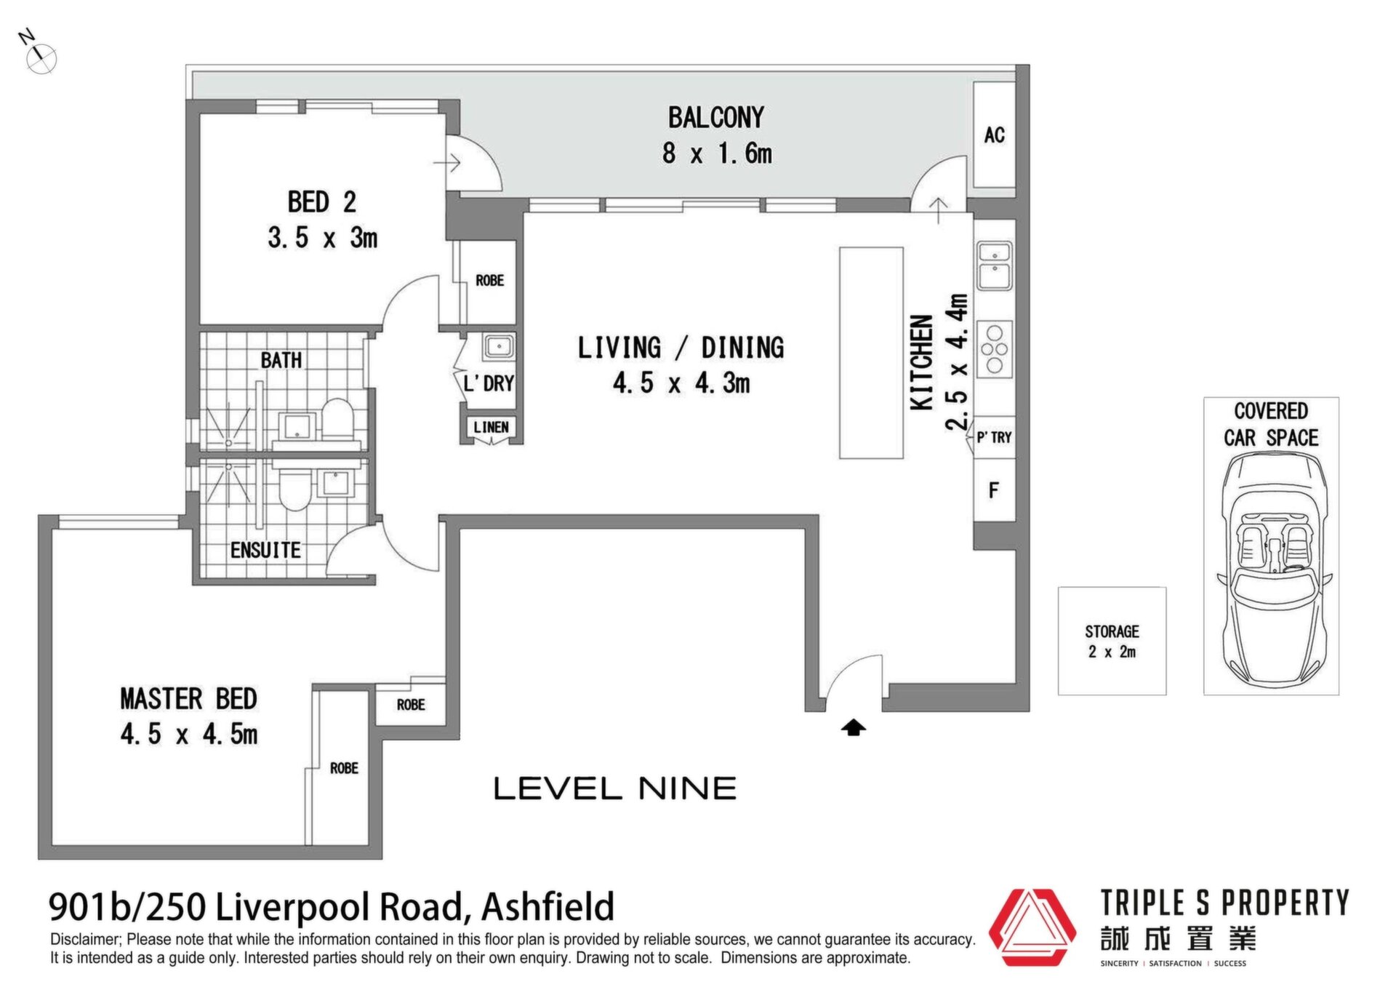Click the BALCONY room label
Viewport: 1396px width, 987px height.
pyautogui.click(x=716, y=118)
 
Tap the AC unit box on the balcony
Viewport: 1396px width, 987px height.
pyautogui.click(x=994, y=135)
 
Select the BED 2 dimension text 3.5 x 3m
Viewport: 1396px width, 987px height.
pyautogui.click(x=322, y=237)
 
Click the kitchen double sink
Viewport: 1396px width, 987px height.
pyautogui.click(x=994, y=265)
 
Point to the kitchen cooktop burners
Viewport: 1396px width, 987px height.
pyautogui.click(x=994, y=350)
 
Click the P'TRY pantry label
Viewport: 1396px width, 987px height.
pyautogui.click(x=994, y=437)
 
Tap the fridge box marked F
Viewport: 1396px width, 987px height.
pyautogui.click(x=994, y=490)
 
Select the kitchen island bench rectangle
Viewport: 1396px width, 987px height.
pyautogui.click(x=871, y=353)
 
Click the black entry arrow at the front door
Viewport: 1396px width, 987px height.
pyautogui.click(x=854, y=727)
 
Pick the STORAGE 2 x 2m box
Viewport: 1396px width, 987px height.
pyautogui.click(x=1112, y=641)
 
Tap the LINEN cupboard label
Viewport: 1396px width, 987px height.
pyautogui.click(x=491, y=427)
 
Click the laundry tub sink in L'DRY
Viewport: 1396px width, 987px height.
pyautogui.click(x=498, y=346)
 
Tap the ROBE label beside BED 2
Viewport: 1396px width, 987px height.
pyautogui.click(x=489, y=280)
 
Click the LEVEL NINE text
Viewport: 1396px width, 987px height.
pyautogui.click(x=615, y=788)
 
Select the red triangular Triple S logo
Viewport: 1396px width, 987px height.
pyautogui.click(x=1032, y=927)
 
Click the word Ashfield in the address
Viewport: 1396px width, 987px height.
pyautogui.click(x=548, y=906)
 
